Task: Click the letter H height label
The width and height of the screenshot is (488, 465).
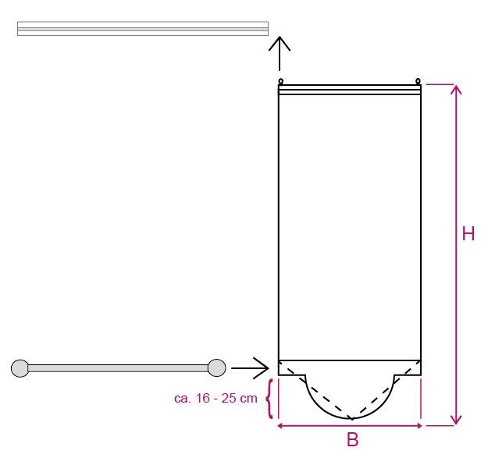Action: [x=468, y=233]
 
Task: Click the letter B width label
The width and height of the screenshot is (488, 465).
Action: [x=352, y=440]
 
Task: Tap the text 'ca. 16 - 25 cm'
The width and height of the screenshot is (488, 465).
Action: [x=216, y=398]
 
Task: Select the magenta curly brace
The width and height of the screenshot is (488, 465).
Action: [x=270, y=399]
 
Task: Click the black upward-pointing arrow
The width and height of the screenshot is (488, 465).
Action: [x=280, y=54]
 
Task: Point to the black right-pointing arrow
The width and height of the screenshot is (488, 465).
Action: [x=250, y=368]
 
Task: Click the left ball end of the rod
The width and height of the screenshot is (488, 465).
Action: [x=20, y=368]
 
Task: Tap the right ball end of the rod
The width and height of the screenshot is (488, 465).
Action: [x=216, y=367]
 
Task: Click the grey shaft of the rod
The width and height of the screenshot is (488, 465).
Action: [x=118, y=368]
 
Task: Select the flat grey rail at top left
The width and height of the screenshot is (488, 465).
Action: [x=143, y=29]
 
